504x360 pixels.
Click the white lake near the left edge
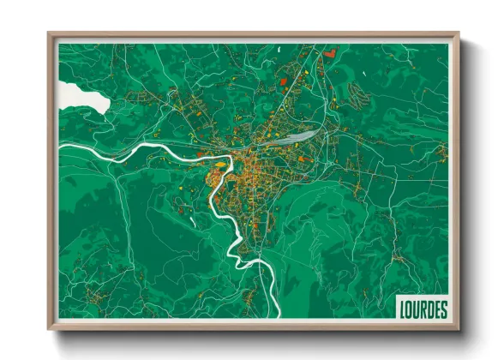(84, 97)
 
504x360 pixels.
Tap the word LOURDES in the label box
(422, 308)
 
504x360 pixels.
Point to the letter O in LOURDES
(409, 308)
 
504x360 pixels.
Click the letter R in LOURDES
(422, 308)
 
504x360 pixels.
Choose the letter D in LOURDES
(429, 308)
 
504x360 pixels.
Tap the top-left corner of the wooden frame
(49, 33)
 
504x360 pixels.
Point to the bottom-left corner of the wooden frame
(49, 328)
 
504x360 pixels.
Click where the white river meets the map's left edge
(59, 148)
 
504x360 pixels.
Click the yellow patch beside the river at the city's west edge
(220, 164)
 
